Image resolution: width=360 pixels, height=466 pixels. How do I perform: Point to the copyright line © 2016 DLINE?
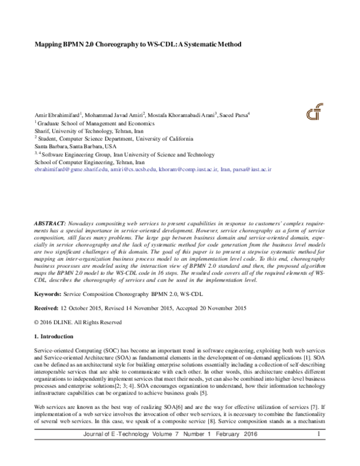pos(59,322)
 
